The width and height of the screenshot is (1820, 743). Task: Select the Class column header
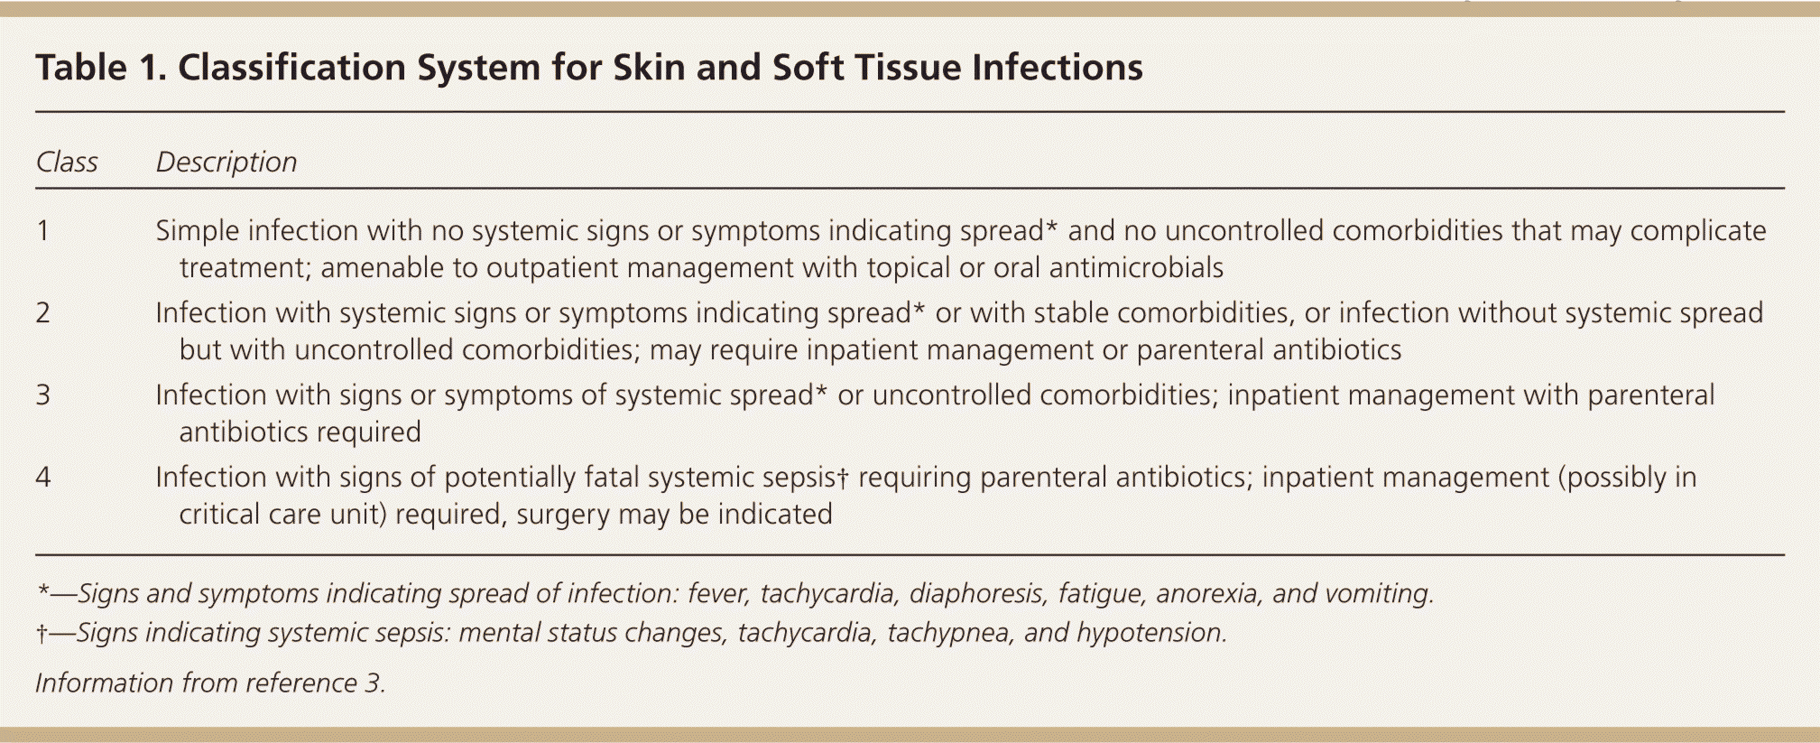pos(67,162)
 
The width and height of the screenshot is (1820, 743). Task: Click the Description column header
pos(226,163)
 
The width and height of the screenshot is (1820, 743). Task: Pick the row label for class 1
pos(42,230)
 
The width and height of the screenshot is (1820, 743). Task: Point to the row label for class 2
pos(42,312)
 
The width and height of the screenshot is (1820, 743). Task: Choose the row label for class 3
pos(42,395)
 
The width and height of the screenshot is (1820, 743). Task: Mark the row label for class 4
pos(42,477)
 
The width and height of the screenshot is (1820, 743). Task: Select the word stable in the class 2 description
pos(1071,312)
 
